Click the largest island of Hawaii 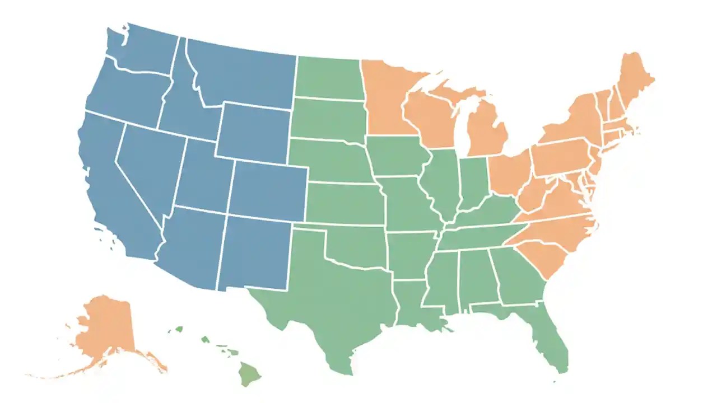247,372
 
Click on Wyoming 255,132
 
